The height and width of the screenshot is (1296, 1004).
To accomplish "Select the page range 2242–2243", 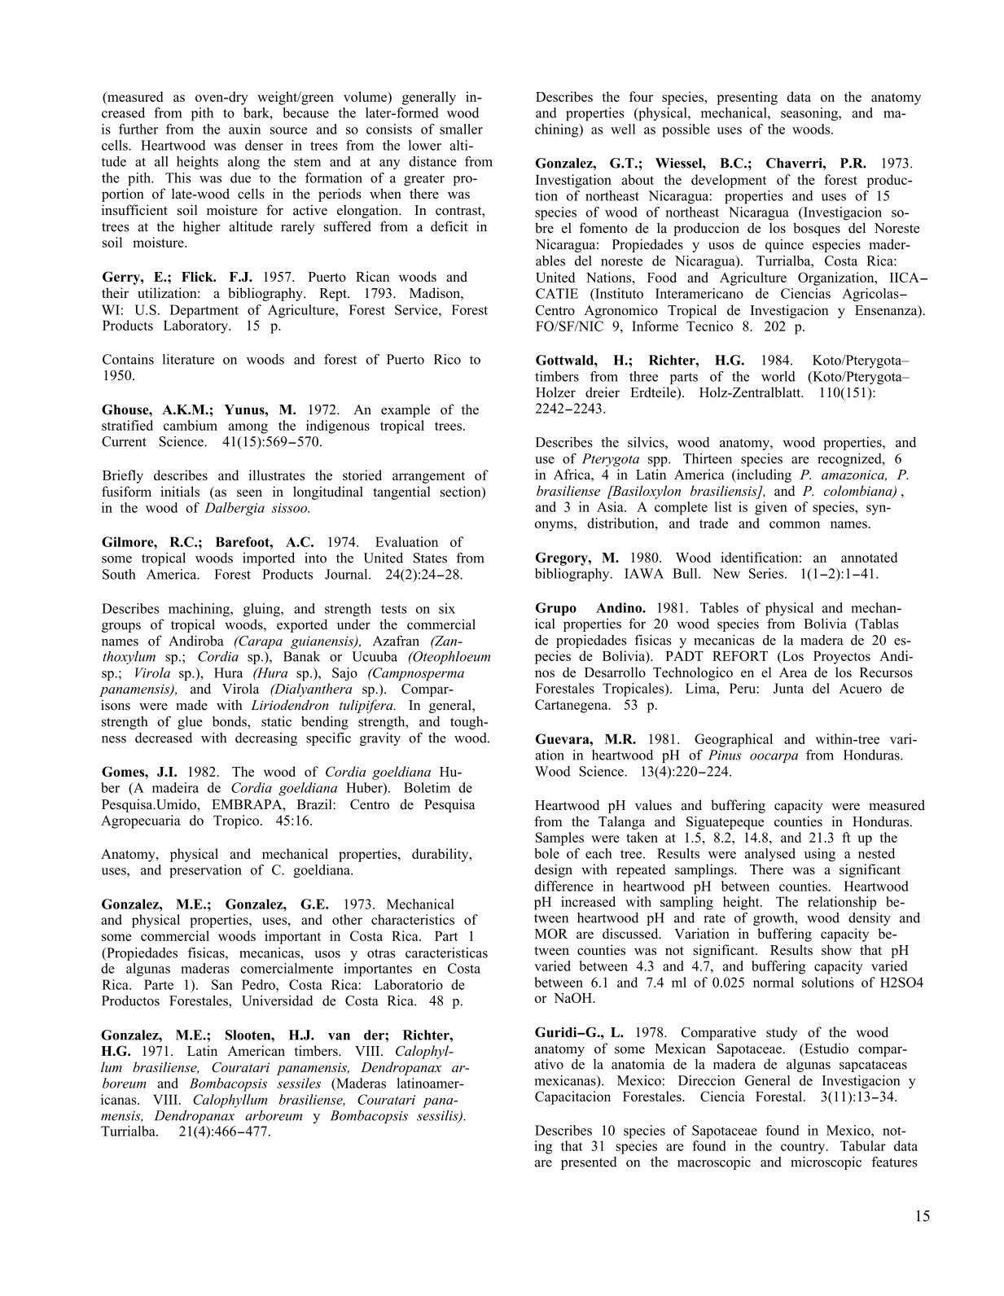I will pos(570,409).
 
